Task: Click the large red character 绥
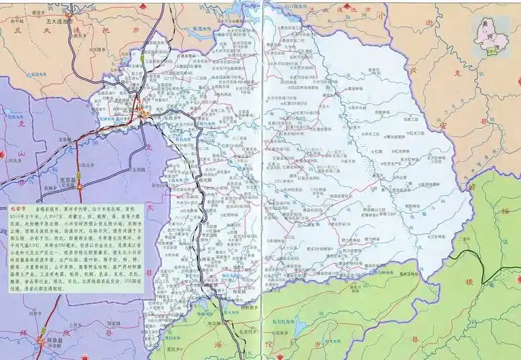[x=504, y=210]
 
